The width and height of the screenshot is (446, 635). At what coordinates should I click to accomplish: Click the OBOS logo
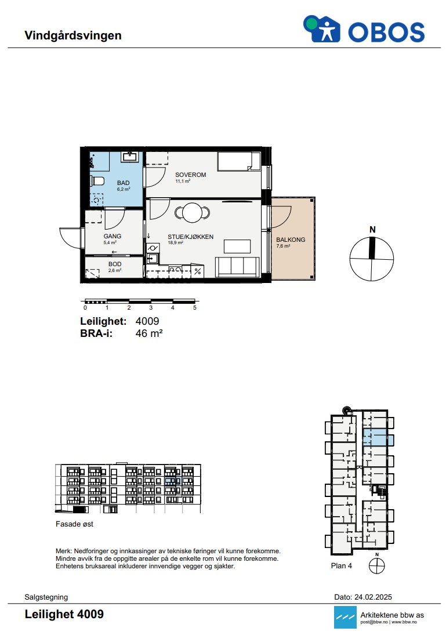coord(364,29)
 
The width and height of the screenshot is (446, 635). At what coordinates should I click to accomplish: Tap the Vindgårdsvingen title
coord(73,35)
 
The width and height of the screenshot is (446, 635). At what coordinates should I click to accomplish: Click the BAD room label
coord(123,183)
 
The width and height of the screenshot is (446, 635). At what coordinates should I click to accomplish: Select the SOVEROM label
coord(190,175)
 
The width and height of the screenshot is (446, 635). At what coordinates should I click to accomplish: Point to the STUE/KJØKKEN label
coord(190,237)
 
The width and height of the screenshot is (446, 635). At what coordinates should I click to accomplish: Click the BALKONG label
coord(291,240)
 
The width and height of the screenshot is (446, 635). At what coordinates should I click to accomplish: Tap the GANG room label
coord(112,236)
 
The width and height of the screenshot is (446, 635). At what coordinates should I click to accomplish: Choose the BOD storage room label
coord(115,264)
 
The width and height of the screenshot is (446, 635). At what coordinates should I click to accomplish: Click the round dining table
coord(193,212)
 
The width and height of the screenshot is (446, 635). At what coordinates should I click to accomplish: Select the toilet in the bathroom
coord(97,180)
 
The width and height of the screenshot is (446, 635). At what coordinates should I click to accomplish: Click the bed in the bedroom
coord(239,162)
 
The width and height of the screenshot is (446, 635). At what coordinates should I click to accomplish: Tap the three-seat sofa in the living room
coord(237,267)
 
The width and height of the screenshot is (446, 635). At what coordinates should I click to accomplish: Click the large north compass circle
coord(371,259)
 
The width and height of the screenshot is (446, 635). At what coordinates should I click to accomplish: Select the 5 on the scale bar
coord(195,308)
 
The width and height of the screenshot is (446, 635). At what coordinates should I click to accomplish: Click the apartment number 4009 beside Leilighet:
coord(147,321)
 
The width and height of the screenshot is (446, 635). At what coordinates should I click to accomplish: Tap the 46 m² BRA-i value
coord(149,333)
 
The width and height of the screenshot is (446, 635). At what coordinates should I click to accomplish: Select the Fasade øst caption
coord(75,524)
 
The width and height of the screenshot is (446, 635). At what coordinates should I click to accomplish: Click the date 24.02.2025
coord(373,597)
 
